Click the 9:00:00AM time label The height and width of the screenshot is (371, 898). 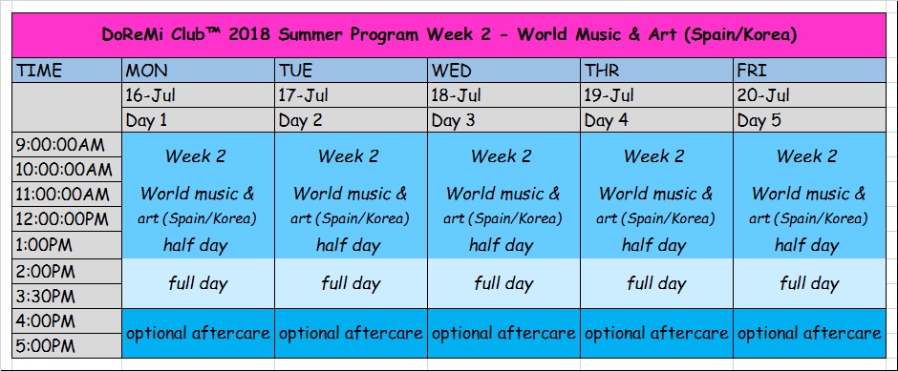[x=60, y=145]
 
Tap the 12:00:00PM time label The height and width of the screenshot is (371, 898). [x=62, y=220]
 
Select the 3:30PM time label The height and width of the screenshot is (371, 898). [x=45, y=296]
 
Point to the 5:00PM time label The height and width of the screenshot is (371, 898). [x=45, y=346]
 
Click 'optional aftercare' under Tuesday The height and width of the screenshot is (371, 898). [x=351, y=333]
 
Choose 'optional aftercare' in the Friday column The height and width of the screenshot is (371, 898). [x=809, y=333]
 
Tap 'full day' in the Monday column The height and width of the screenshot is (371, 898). [x=198, y=283]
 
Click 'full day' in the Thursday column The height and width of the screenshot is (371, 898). [x=656, y=283]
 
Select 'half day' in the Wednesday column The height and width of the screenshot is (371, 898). [x=502, y=246]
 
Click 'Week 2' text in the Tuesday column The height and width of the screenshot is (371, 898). [x=348, y=156]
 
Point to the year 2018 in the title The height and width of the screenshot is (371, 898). [x=250, y=35]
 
